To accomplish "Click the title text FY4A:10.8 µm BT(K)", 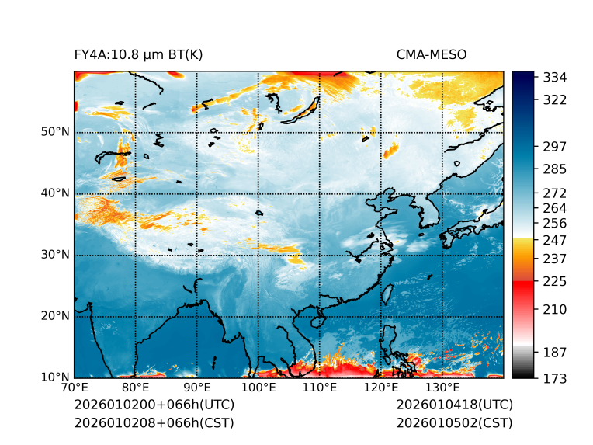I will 138,55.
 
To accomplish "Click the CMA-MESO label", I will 431,55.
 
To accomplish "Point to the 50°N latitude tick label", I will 55,132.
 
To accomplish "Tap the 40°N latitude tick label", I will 55,193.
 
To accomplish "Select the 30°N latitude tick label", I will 55,255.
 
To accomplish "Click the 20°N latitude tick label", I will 55,316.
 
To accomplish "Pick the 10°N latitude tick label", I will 55,377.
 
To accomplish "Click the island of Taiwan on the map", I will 386,294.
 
